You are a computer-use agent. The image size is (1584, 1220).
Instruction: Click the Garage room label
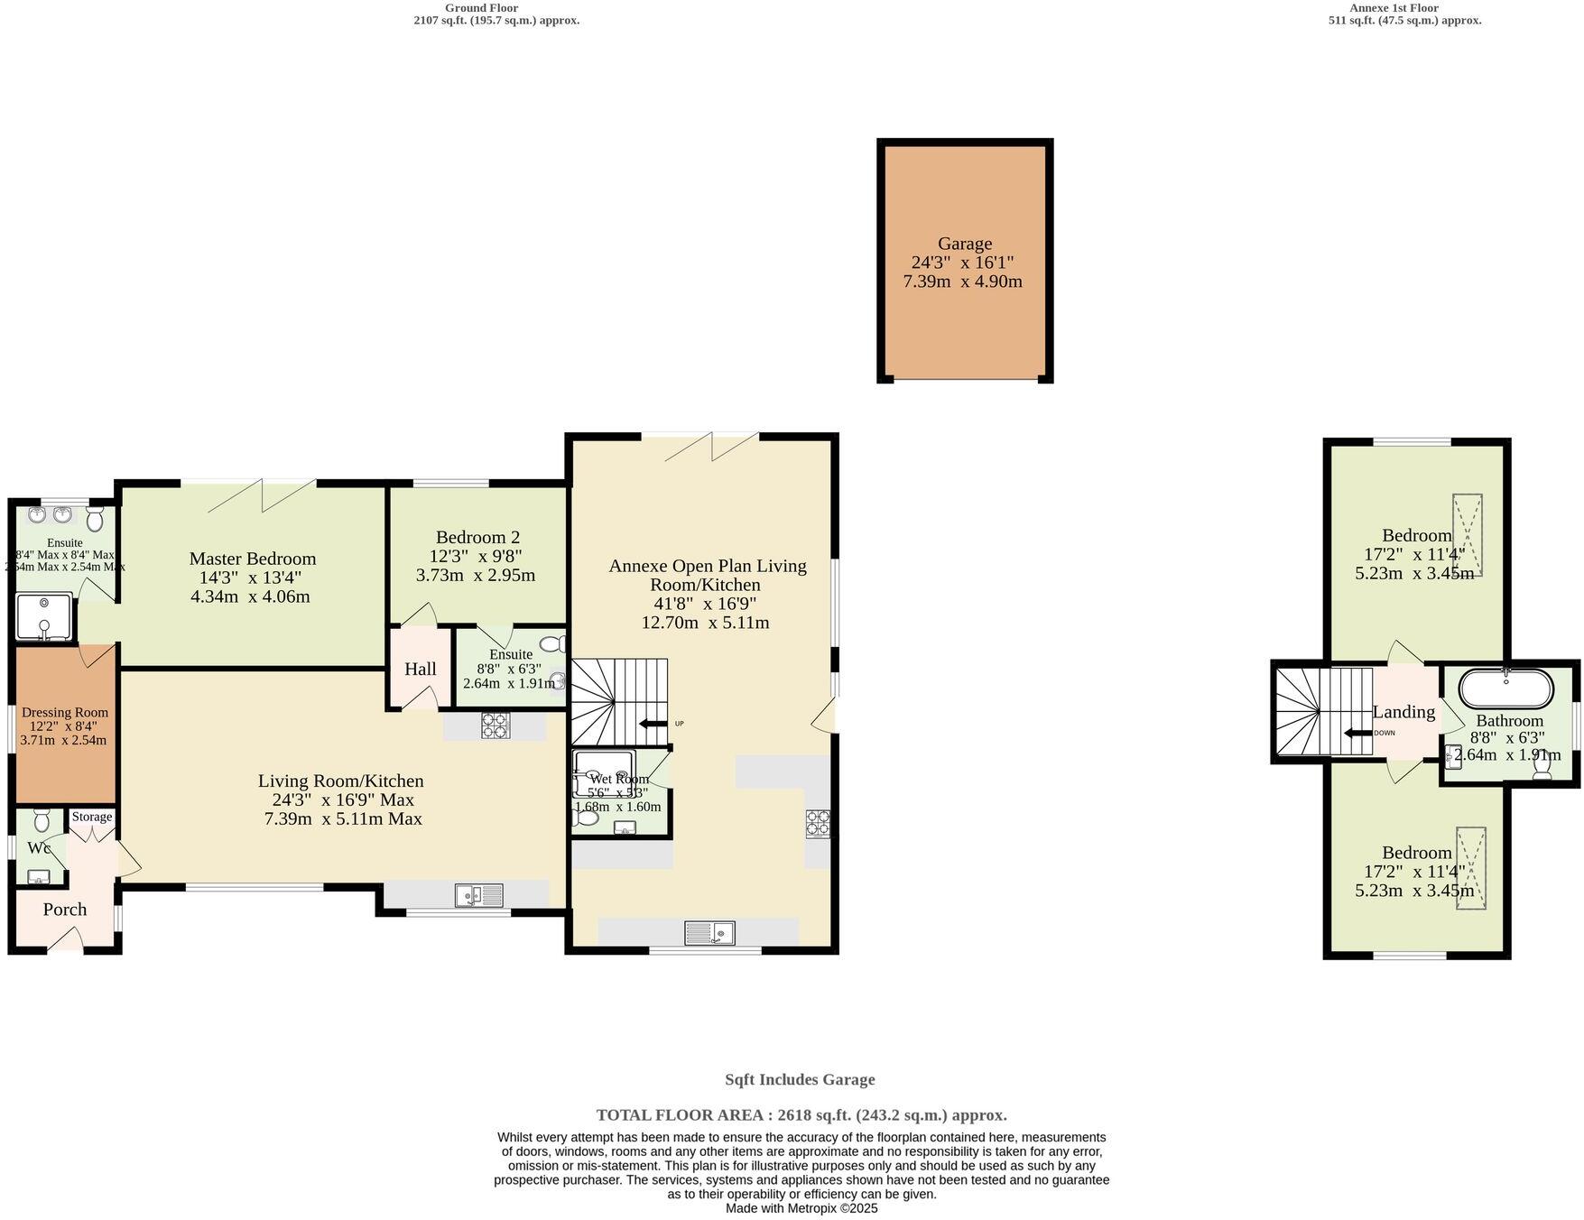(964, 244)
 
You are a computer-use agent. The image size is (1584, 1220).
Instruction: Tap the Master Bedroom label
(252, 559)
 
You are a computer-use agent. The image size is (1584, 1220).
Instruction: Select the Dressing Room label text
(65, 713)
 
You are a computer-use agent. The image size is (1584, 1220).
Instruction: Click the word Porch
(65, 910)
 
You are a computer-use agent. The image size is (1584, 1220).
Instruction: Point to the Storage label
(92, 817)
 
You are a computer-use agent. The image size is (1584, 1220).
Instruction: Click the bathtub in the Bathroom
(1506, 689)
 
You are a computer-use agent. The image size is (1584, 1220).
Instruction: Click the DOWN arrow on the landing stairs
(1357, 733)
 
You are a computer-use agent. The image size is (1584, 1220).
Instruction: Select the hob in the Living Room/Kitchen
(496, 726)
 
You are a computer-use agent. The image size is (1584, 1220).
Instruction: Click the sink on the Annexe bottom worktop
(709, 932)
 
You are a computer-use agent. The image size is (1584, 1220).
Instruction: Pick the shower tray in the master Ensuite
(43, 615)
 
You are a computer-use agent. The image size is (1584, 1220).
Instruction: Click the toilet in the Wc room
(42, 821)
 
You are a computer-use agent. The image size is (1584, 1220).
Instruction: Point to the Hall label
(421, 669)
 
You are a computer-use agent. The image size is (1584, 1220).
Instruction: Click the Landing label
(1403, 712)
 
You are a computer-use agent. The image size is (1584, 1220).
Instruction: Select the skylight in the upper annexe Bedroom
(1467, 535)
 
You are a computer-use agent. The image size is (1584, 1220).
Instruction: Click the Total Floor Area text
(801, 1115)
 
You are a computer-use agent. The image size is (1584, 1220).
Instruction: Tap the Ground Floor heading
(481, 8)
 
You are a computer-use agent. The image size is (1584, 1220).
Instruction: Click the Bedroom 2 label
(477, 537)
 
